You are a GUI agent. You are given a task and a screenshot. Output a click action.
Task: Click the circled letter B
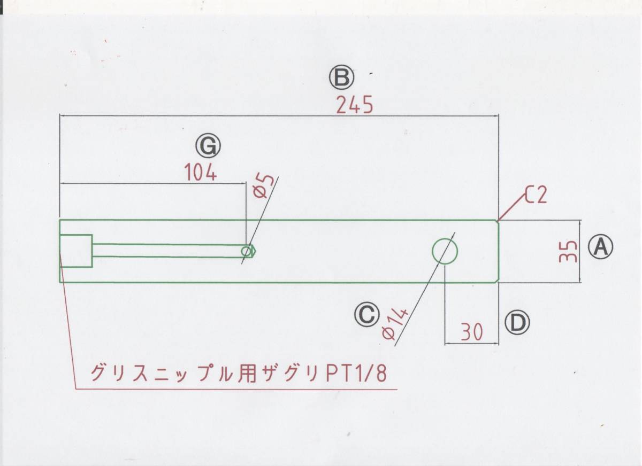point(341,78)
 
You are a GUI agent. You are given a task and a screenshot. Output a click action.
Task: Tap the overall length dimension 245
point(354,106)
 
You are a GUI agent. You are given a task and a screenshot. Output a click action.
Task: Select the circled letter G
point(208,145)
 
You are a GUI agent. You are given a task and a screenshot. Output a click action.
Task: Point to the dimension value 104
point(201,173)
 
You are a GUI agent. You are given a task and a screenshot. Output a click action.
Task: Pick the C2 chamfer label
point(536,196)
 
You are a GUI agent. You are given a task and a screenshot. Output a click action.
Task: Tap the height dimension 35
point(568,251)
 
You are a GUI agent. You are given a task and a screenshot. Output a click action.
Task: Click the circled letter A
point(600,247)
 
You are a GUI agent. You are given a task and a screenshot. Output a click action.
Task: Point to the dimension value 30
point(472,332)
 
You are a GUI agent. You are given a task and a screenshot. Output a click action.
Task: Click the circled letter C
point(366,314)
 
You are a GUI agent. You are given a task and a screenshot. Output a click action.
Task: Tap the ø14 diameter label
point(395,324)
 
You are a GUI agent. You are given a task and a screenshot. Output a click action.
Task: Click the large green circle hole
point(445,251)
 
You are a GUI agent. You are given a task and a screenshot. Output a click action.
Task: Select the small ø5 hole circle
point(247,251)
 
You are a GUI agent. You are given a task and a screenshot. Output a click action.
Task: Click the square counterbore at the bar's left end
point(75,251)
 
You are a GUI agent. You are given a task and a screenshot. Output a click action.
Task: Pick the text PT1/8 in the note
point(356,372)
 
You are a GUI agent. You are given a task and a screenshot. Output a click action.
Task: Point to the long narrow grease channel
point(166,251)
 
